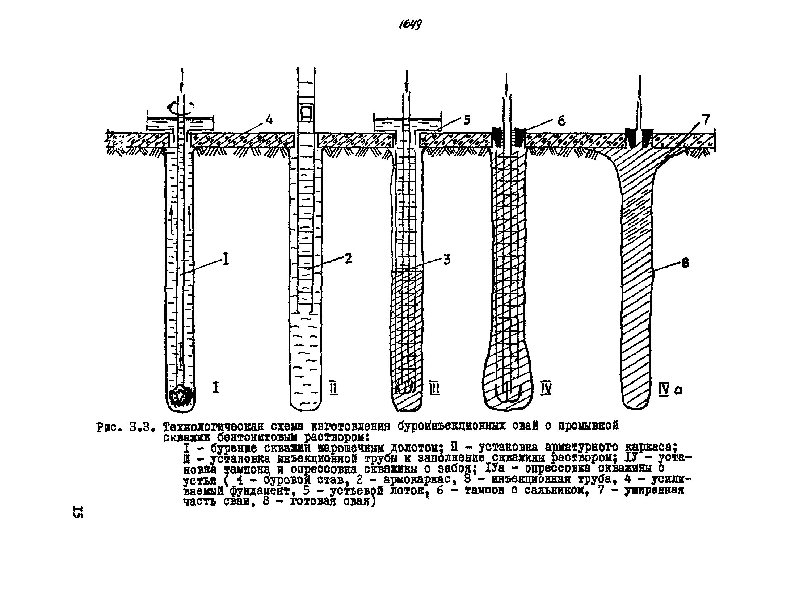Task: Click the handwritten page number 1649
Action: pos(410,25)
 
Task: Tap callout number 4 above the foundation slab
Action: pos(269,119)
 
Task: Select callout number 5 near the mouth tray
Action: pos(467,120)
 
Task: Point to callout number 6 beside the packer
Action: pos(561,121)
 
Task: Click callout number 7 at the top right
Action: pos(706,120)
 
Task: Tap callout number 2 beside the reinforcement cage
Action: pos(348,259)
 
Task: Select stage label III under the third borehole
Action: pos(434,389)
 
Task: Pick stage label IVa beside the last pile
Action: pos(670,390)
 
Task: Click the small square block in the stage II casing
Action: pos(306,113)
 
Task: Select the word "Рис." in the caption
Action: pos(108,427)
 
